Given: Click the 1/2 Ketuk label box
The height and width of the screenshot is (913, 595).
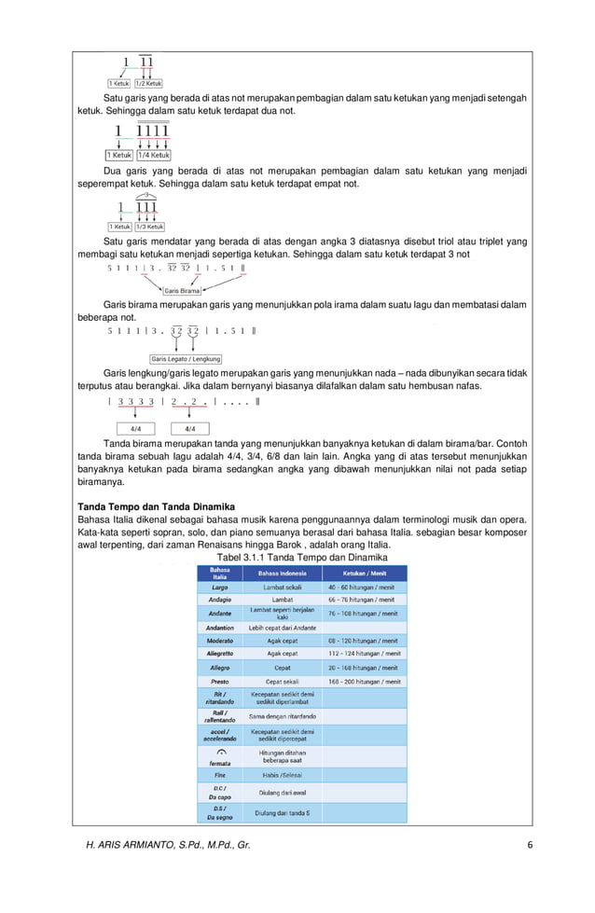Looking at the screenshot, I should click(x=149, y=83).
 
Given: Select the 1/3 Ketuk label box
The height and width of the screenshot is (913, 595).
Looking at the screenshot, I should click(x=150, y=227).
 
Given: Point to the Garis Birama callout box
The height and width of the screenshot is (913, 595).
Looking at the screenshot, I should click(x=182, y=291).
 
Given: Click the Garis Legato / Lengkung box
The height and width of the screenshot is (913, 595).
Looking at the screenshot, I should click(x=186, y=359).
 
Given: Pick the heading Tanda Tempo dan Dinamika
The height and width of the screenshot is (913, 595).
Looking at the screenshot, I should click(x=156, y=507).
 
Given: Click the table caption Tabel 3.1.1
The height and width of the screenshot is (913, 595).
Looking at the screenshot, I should click(x=300, y=558).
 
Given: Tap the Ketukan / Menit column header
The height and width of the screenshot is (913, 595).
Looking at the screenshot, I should click(x=364, y=574).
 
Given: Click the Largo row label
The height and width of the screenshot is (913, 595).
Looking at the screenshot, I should click(x=219, y=588).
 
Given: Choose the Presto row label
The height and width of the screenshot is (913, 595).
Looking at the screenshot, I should click(x=219, y=682).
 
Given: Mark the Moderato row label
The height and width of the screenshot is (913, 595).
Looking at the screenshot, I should click(x=219, y=642).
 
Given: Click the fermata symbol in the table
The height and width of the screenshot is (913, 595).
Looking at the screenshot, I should click(x=220, y=752).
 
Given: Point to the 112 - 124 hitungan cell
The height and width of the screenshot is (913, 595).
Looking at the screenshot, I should click(x=364, y=655).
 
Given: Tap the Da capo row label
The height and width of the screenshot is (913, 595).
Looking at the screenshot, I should click(x=219, y=794).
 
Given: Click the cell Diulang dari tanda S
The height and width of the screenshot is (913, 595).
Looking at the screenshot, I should click(x=283, y=813).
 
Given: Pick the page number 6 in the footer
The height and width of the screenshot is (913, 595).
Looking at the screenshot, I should click(x=529, y=845).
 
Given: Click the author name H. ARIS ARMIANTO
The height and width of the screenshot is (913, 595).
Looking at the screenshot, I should click(x=168, y=845).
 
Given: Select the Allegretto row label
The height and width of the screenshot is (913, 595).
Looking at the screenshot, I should click(x=219, y=655).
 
